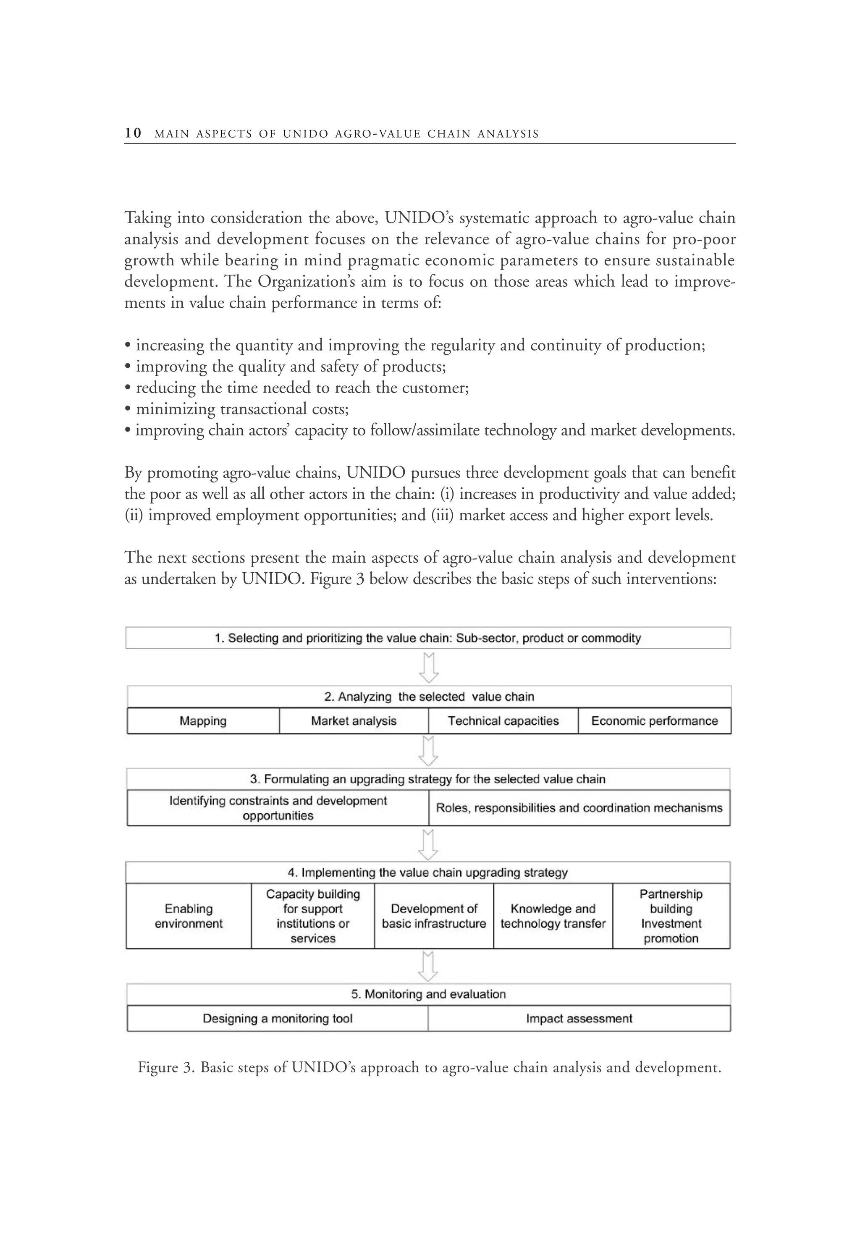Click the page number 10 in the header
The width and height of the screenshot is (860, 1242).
[x=133, y=133]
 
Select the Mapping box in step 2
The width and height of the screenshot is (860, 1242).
[x=203, y=721]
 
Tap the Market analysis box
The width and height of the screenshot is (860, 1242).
[x=354, y=721]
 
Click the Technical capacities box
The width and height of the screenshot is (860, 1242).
[x=503, y=721]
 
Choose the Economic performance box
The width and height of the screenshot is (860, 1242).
[x=654, y=721]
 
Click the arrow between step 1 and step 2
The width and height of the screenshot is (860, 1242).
[x=429, y=668]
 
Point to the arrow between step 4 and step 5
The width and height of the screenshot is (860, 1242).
[x=428, y=967]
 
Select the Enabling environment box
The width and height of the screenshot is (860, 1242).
[x=189, y=916]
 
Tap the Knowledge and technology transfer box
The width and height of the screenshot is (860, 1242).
[x=553, y=916]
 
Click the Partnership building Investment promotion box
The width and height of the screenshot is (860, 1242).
[x=671, y=916]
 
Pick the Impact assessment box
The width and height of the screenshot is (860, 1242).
[x=579, y=1018]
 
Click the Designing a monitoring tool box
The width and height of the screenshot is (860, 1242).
[x=278, y=1018]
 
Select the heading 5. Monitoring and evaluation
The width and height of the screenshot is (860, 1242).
[x=428, y=994]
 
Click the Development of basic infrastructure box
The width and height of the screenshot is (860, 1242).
[x=434, y=916]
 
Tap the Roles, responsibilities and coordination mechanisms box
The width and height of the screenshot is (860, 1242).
[x=579, y=808]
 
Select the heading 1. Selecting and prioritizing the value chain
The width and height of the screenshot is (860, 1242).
[x=428, y=638]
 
